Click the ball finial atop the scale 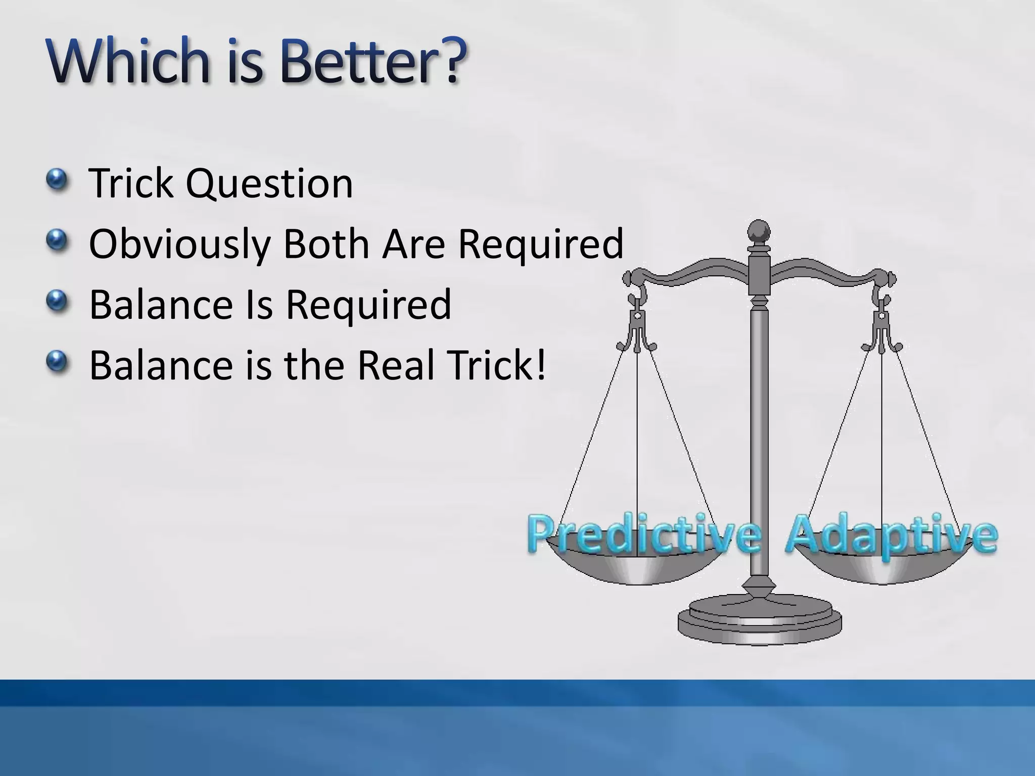tap(759, 233)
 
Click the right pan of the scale tap(882, 568)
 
